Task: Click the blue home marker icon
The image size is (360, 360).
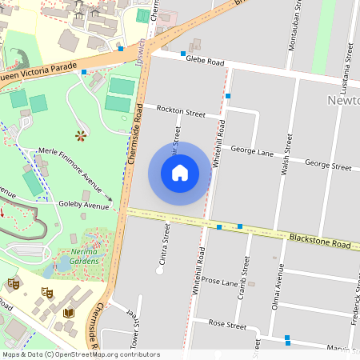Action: pyautogui.click(x=180, y=173)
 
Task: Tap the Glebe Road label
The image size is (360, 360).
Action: pyautogui.click(x=203, y=59)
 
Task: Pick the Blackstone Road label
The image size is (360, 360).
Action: pyautogui.click(x=320, y=242)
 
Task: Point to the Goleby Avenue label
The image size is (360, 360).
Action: pyautogui.click(x=83, y=206)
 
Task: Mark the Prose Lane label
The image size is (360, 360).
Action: pyautogui.click(x=220, y=281)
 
